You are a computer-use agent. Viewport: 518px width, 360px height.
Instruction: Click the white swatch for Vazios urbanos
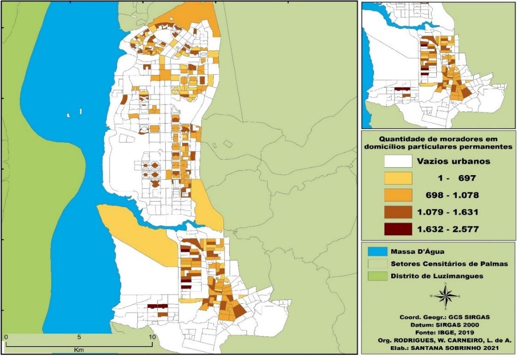pyautogui.click(x=397, y=161)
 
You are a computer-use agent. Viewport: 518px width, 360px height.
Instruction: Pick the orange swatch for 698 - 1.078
pyautogui.click(x=397, y=195)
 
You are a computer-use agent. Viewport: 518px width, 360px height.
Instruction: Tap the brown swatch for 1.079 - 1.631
pyautogui.click(x=397, y=212)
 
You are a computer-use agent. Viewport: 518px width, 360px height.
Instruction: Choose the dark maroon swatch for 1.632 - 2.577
pyautogui.click(x=397, y=229)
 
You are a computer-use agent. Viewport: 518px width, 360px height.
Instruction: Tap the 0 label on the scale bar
pyautogui.click(x=6, y=337)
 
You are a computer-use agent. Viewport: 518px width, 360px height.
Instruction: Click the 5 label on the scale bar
pyautogui.click(x=79, y=337)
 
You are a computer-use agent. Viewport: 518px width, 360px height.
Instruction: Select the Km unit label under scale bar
pyautogui.click(x=78, y=350)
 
